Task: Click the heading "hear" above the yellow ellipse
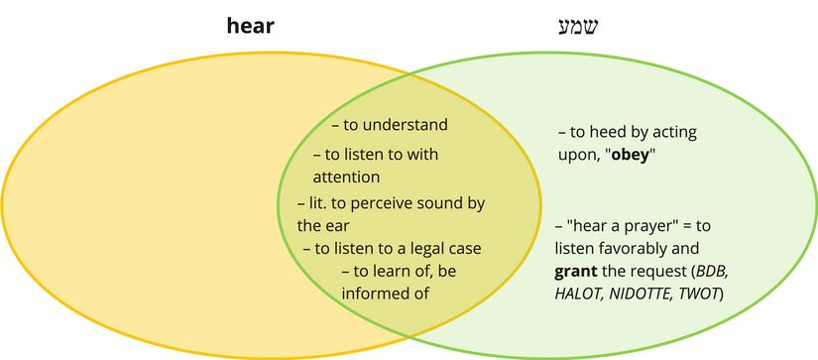pos(249,27)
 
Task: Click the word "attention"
pos(347,178)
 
